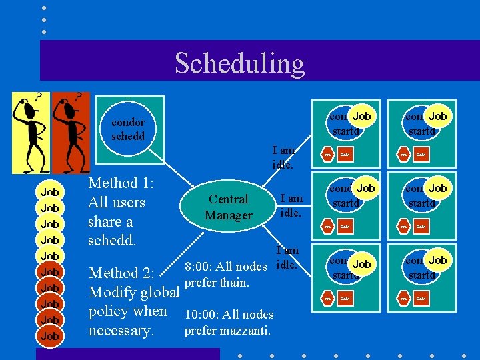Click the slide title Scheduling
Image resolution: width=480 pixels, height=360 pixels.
click(x=239, y=63)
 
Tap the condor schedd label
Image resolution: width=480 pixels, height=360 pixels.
click(x=128, y=129)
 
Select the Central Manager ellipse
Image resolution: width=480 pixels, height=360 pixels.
click(x=229, y=207)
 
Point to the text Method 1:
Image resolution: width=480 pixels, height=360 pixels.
click(x=121, y=183)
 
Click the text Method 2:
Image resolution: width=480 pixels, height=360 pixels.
click(x=122, y=273)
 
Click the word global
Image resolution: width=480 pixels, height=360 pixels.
click(x=161, y=293)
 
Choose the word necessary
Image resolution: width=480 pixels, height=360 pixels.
click(x=120, y=331)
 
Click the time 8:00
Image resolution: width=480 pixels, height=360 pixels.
click(x=197, y=267)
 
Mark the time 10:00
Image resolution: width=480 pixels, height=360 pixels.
click(x=201, y=314)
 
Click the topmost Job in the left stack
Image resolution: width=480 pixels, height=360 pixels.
click(x=49, y=192)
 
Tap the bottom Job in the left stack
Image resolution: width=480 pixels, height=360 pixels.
click(x=49, y=336)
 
